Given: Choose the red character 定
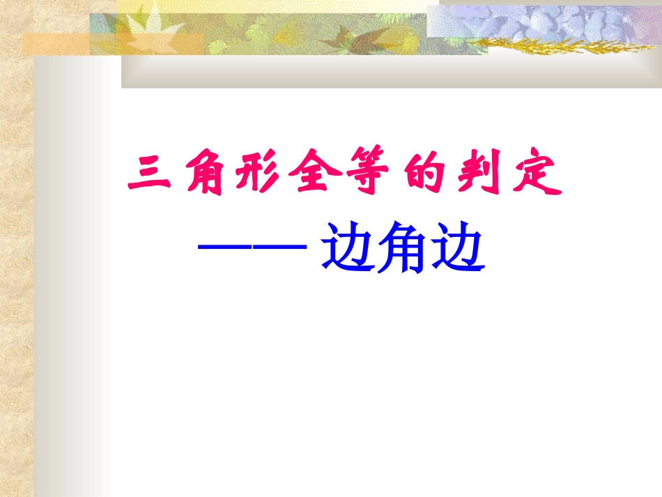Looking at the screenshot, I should [537, 176].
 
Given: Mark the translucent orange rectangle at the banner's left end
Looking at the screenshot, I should [56, 44].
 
